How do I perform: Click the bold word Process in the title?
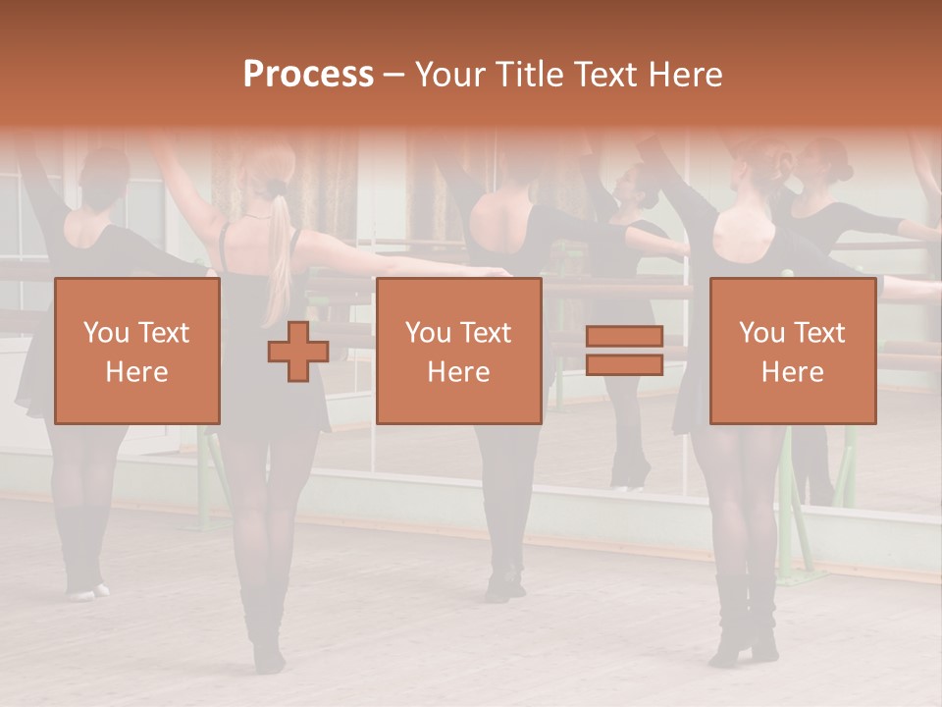pyautogui.click(x=308, y=74)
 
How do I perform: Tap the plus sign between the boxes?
pyautogui.click(x=298, y=352)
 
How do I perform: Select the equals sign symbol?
pyautogui.click(x=624, y=352)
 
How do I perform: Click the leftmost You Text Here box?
pyautogui.click(x=137, y=351)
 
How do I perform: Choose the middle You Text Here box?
pyautogui.click(x=458, y=351)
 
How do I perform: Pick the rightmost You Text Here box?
pyautogui.click(x=793, y=351)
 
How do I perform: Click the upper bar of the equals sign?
pyautogui.click(x=624, y=337)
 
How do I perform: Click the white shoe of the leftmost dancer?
pyautogui.click(x=86, y=591)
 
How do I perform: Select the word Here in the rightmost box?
pyautogui.click(x=793, y=372)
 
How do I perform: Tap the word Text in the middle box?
pyautogui.click(x=485, y=333)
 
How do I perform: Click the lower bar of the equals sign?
pyautogui.click(x=624, y=365)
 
